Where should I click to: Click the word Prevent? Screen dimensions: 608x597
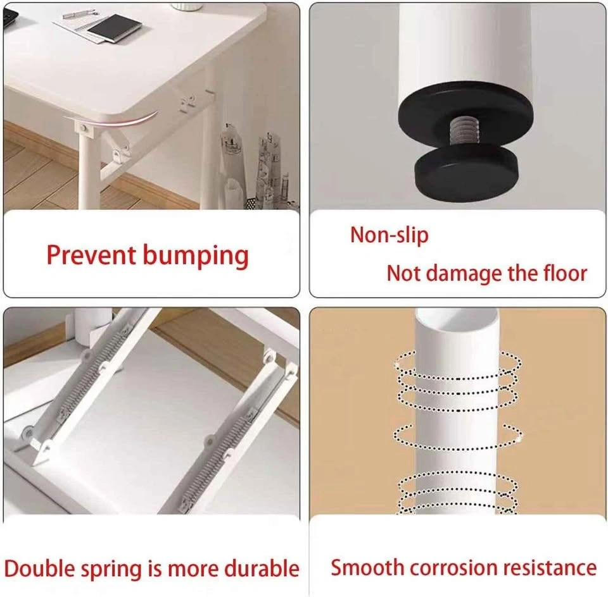tap(91, 255)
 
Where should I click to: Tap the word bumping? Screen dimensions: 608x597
tap(196, 257)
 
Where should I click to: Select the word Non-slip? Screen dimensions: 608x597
tap(389, 235)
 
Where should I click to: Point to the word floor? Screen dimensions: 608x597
tap(566, 273)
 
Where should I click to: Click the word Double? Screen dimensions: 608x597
tap(39, 569)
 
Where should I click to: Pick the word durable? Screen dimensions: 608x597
tap(262, 569)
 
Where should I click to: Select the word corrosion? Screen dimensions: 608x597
tap(453, 569)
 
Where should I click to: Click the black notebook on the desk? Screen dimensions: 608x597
tap(114, 28)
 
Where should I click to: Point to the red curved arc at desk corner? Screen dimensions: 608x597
tap(113, 120)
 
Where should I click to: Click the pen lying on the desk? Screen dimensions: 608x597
tap(80, 15)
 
